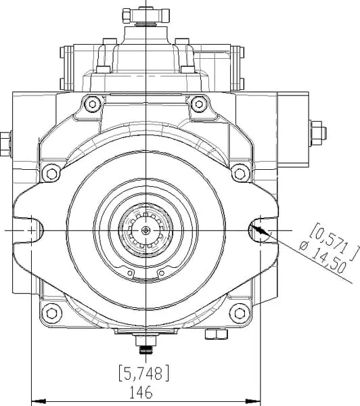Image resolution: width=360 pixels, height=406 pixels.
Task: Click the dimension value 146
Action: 141,392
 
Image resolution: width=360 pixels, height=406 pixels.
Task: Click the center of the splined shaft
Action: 145,230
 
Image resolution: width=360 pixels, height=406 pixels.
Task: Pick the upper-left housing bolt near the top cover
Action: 93,104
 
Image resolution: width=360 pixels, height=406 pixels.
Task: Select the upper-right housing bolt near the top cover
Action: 199,104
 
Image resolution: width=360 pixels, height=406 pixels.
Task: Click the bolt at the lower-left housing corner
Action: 52,313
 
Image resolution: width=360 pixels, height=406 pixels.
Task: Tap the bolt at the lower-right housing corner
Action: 240,313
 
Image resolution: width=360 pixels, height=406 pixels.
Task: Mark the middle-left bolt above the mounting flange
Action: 51,173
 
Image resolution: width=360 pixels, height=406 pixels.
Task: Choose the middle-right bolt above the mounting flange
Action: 240,173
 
